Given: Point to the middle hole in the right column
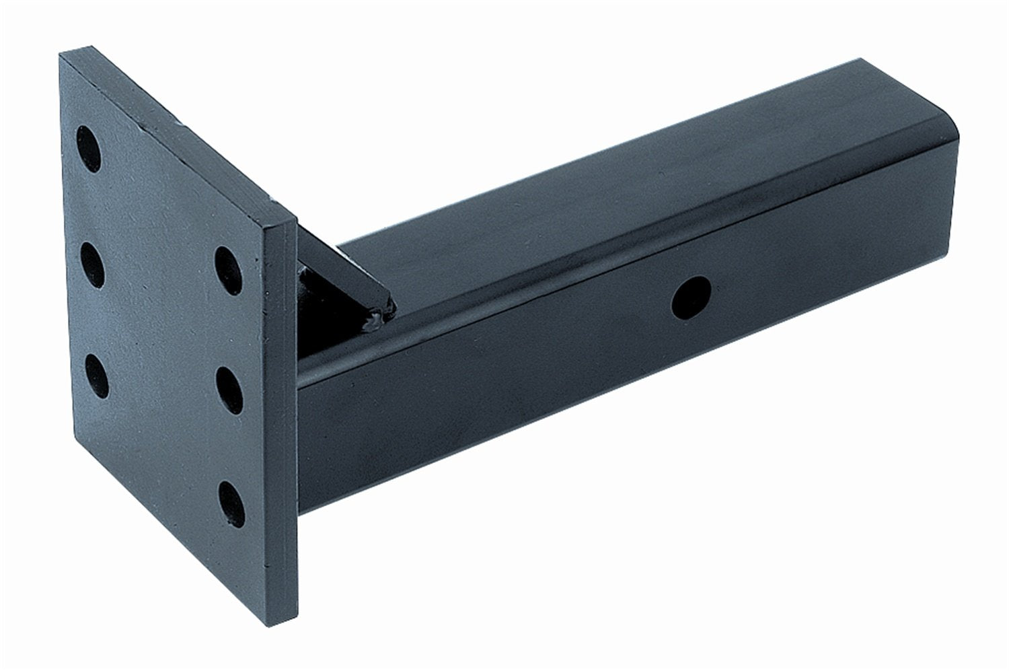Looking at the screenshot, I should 228,385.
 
